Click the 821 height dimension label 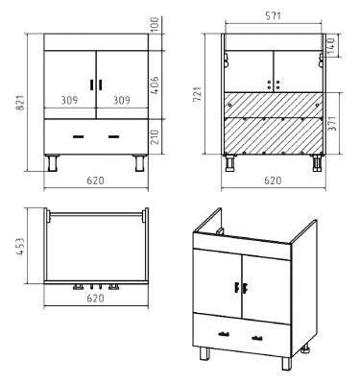pos(20,103)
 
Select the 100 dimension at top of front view pos(155,24)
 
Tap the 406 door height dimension pos(155,84)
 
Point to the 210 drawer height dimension pos(155,137)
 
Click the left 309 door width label pos(69,100)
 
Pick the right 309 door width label pos(122,100)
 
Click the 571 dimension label pos(273,15)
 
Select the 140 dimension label pos(330,45)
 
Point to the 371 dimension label pos(333,124)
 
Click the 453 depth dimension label pos(20,246)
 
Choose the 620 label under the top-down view pos(95,299)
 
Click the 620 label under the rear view pos(273,180)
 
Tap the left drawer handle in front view pos(78,137)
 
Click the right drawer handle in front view pos(113,137)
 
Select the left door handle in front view pos(92,84)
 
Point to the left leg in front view pos(53,163)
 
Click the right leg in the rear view pos(317,163)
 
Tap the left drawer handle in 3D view pos(224,334)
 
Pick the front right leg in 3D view pos(286,364)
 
